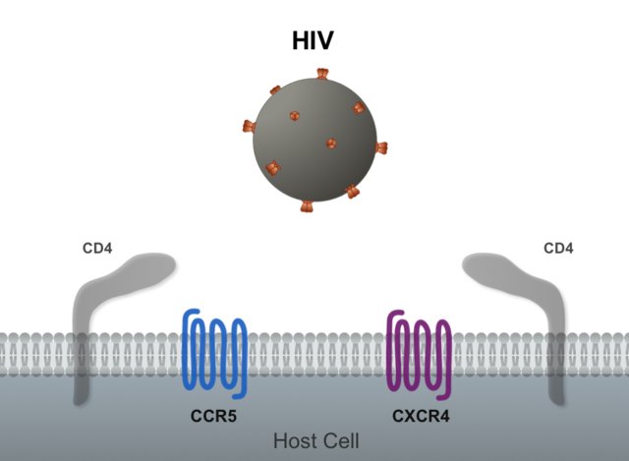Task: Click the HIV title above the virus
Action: pyautogui.click(x=314, y=41)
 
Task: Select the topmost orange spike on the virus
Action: pyautogui.click(x=321, y=75)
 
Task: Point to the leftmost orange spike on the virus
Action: pyautogui.click(x=249, y=126)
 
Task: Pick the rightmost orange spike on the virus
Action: pyautogui.click(x=381, y=148)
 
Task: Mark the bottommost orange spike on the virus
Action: pyautogui.click(x=307, y=206)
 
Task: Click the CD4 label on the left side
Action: pyautogui.click(x=97, y=248)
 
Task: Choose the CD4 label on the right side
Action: pyautogui.click(x=558, y=248)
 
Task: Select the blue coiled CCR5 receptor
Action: pyautogui.click(x=213, y=350)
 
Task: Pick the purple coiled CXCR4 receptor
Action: pyautogui.click(x=419, y=350)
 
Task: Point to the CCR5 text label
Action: pyautogui.click(x=213, y=416)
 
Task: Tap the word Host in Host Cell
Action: pyautogui.click(x=292, y=441)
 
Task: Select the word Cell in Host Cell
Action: pyautogui.click(x=340, y=441)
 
